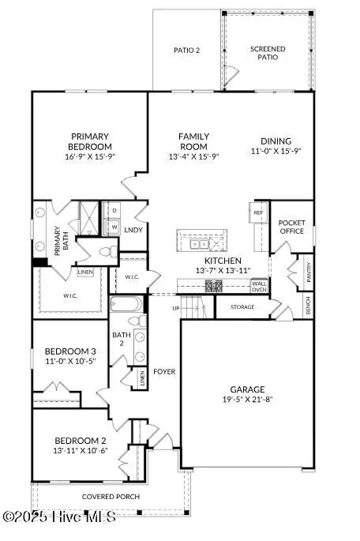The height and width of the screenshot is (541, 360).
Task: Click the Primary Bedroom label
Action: point(91,141)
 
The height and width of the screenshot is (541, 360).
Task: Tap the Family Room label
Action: point(193,141)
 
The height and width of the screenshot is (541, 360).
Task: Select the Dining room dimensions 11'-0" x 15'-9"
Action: point(276,150)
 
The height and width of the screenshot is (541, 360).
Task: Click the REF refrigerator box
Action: point(258,212)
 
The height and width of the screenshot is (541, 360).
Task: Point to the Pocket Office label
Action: point(291,227)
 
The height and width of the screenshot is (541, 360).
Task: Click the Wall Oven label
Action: point(259,286)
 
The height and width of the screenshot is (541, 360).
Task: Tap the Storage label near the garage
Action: point(242,306)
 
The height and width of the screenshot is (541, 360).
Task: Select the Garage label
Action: point(247,389)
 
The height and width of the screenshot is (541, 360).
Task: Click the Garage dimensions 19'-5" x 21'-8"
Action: point(247,400)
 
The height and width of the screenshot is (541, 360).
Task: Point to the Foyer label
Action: point(164,371)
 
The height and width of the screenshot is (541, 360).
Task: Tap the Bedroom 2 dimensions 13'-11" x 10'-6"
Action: point(75,451)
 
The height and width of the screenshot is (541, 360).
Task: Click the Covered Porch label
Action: point(111,497)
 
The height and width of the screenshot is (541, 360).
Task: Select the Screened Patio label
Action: point(268,54)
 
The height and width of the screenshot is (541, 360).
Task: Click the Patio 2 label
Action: point(186,51)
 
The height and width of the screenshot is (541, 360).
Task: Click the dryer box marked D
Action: point(114,211)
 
